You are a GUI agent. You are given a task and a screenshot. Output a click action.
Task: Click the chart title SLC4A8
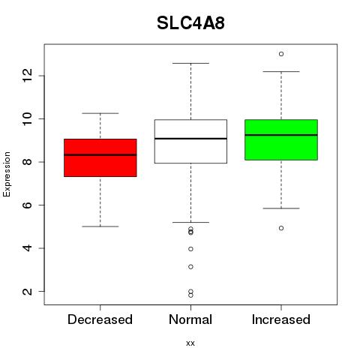(x=190, y=23)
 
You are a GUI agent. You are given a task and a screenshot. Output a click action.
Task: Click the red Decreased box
(x=100, y=157)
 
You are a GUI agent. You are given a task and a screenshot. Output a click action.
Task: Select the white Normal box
(x=190, y=141)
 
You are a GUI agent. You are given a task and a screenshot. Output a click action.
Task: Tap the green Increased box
(x=281, y=139)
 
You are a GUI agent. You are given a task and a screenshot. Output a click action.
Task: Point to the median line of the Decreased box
(x=100, y=154)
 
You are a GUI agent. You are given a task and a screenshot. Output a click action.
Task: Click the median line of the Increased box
(x=281, y=135)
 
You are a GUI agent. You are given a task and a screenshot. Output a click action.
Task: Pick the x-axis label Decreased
(x=100, y=319)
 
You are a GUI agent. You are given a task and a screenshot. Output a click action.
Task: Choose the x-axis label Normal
(x=190, y=319)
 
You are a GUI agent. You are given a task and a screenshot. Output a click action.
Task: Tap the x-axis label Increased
(x=281, y=319)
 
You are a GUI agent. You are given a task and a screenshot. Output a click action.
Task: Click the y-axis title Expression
(x=7, y=174)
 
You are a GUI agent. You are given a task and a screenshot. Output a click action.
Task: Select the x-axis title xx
(x=190, y=343)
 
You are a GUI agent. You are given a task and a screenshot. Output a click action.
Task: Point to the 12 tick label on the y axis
(x=27, y=76)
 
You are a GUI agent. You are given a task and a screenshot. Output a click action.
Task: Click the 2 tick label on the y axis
(x=27, y=291)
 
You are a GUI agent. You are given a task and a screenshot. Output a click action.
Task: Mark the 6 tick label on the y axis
(x=27, y=205)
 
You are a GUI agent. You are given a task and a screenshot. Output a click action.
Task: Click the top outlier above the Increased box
(x=281, y=54)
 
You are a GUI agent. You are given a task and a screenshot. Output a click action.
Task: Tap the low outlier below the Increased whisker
(x=281, y=228)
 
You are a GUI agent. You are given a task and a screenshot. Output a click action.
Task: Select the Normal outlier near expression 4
(x=190, y=249)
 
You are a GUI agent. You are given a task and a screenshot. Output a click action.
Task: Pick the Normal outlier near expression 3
(x=190, y=267)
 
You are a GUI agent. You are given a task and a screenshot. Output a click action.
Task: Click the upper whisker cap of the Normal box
(x=190, y=63)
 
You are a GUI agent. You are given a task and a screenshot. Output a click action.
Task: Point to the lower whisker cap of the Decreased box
(x=100, y=226)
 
